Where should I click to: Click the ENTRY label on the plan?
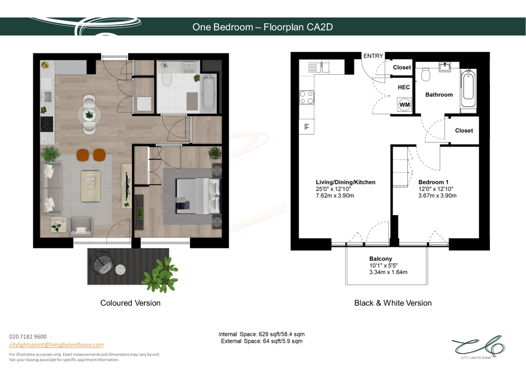[373, 56]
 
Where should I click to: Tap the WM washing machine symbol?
[405, 105]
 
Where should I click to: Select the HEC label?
[404, 87]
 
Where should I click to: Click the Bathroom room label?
[439, 95]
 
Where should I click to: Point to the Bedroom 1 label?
[433, 182]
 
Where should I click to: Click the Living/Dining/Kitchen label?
[345, 182]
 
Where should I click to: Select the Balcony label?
[380, 259]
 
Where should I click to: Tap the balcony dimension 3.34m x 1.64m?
[388, 272]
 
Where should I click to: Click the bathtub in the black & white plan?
[468, 88]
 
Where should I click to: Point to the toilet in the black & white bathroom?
[426, 75]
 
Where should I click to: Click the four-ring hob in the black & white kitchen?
[307, 98]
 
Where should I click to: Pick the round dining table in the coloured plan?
[89, 115]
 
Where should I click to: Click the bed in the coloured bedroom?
[198, 196]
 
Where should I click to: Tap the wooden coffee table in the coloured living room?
[91, 187]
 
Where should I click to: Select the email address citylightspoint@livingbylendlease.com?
[56, 345]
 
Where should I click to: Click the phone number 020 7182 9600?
[28, 336]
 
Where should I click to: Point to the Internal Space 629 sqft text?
[262, 334]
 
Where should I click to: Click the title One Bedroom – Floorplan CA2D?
[263, 27]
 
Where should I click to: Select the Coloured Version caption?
[130, 303]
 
